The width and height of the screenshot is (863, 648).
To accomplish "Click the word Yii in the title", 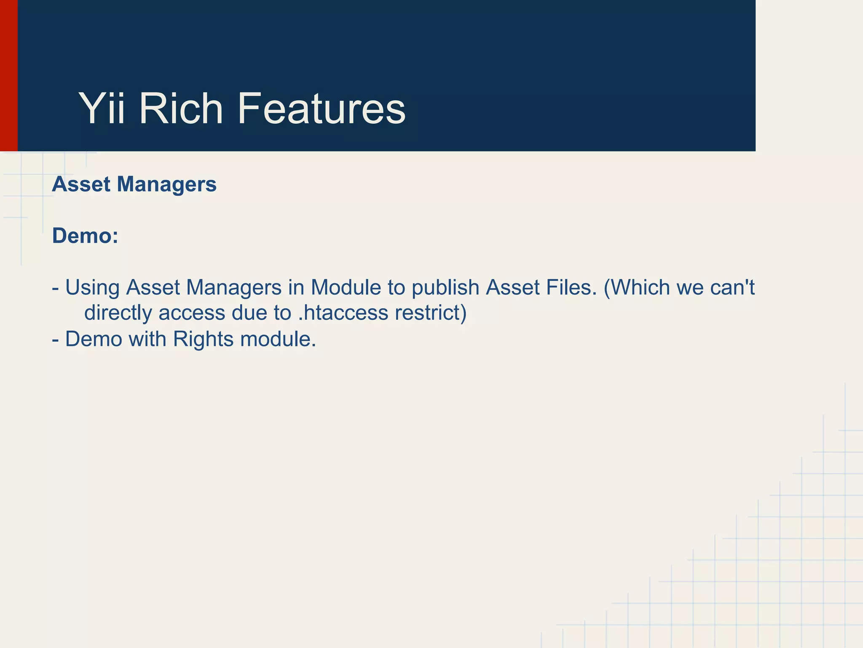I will pyautogui.click(x=102, y=109).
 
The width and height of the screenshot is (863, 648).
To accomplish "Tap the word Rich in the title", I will pyautogui.click(x=181, y=109).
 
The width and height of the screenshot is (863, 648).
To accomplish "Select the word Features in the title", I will pyautogui.click(x=321, y=109).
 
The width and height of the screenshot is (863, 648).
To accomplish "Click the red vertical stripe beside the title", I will pyautogui.click(x=8, y=76).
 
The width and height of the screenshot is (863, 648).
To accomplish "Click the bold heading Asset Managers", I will pyautogui.click(x=134, y=184).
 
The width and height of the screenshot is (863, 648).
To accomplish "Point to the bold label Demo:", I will pyautogui.click(x=85, y=236).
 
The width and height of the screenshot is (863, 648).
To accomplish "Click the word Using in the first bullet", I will pyautogui.click(x=92, y=288).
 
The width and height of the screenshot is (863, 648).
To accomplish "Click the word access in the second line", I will pyautogui.click(x=192, y=313).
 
